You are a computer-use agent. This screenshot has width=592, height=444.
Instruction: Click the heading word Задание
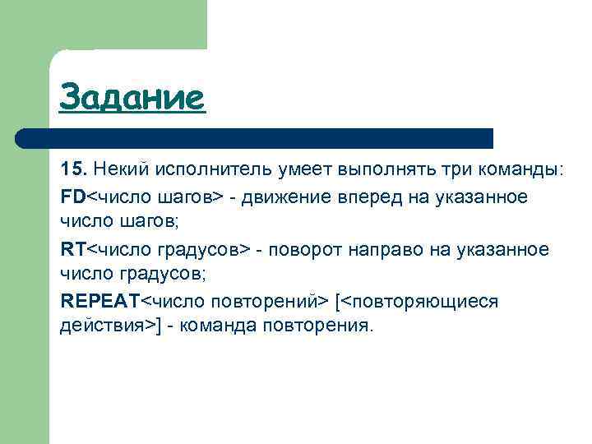coord(131,99)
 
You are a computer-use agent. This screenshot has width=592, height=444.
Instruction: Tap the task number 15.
coord(72,169)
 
